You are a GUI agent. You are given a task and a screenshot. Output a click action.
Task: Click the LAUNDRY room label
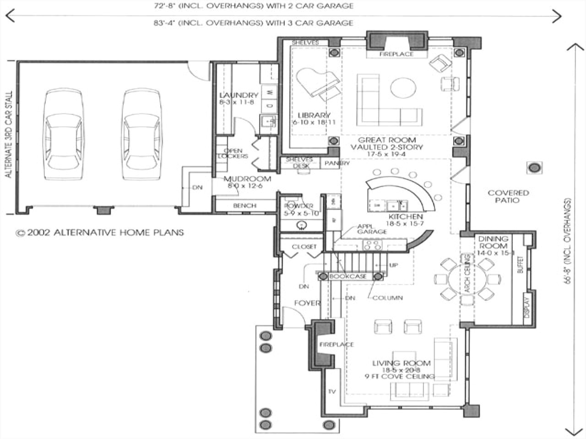coord(239,95)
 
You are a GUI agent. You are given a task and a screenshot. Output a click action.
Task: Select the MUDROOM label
coord(247,179)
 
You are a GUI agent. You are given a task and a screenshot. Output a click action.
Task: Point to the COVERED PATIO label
coord(508,196)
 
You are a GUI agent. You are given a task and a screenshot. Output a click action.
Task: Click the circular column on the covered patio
coord(534,168)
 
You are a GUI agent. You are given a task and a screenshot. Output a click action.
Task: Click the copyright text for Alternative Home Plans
coord(100,232)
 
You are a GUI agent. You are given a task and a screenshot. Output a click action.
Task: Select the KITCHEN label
coord(405,216)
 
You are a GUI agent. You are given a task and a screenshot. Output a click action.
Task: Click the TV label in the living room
coord(333,391)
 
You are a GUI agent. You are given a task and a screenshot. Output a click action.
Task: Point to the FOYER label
coord(307,303)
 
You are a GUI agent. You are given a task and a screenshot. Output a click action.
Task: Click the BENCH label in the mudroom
coord(244,206)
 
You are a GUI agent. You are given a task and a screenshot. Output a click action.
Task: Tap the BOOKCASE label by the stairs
coord(348,276)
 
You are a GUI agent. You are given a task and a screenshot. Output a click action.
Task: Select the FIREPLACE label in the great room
coord(396,54)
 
